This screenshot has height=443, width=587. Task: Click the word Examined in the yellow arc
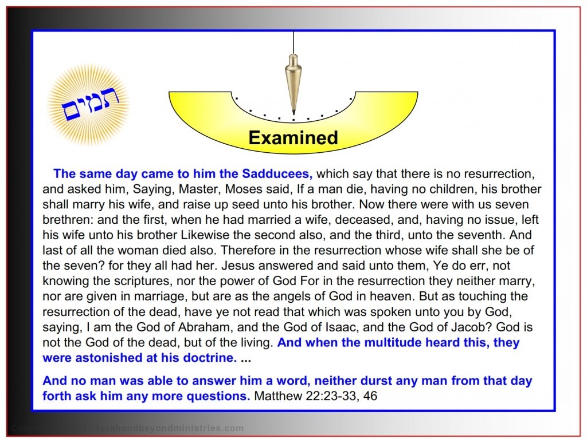[293, 137]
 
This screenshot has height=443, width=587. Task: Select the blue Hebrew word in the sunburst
[88, 104]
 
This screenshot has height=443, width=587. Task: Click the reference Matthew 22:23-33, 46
[315, 395]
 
